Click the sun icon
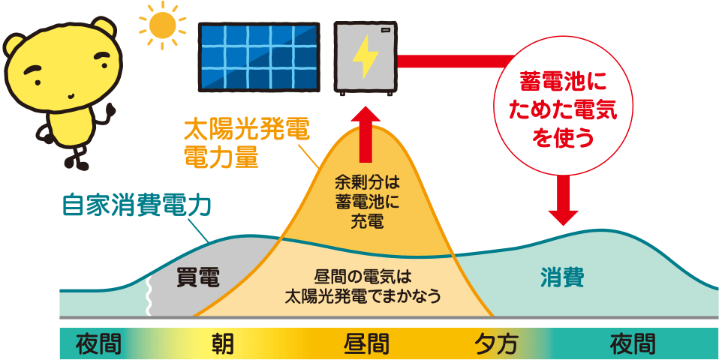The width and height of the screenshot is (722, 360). (161, 25)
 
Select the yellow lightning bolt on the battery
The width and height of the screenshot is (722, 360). (366, 57)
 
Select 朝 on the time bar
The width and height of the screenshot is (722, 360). (222, 343)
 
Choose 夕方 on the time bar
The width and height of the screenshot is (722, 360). (496, 343)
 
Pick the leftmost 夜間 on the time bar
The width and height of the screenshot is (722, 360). (98, 343)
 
